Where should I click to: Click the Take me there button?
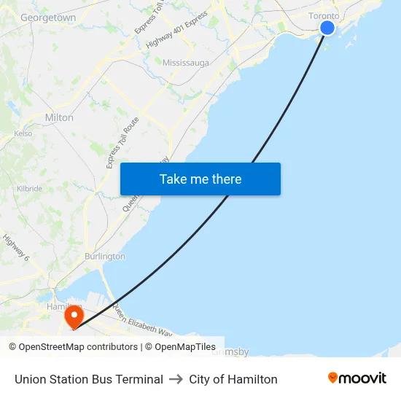coord(200,179)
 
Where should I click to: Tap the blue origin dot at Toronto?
coord(327,28)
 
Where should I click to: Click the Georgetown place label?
coord(48,17)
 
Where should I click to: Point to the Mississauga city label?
coord(185,63)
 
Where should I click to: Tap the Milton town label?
coord(59,117)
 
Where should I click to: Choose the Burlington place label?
coord(104,257)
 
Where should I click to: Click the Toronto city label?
coord(324,15)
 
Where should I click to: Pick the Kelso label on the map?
coord(23,134)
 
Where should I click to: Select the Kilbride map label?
coord(30,188)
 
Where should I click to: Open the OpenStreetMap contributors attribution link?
coord(74,347)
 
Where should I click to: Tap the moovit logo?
coord(357,378)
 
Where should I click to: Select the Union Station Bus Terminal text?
coord(89,379)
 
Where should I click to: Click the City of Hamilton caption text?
coord(233,379)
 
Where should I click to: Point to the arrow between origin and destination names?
coord(176,379)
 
